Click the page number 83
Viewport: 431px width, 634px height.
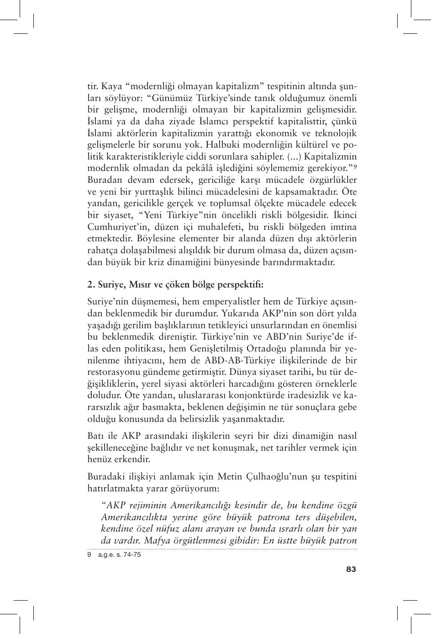351,569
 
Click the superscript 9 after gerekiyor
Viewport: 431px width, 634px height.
355,166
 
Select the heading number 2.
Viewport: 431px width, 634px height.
90,284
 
